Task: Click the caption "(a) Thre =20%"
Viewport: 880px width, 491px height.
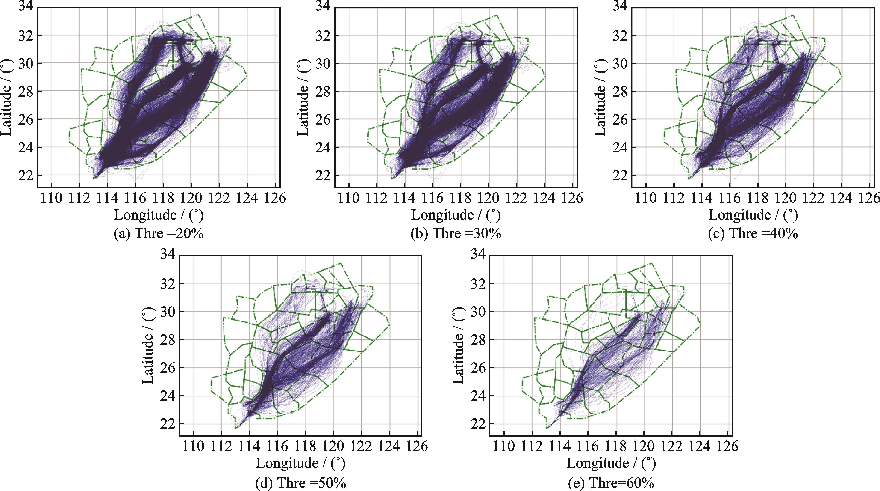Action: coord(159,234)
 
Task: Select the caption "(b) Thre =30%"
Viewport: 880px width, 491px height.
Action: coord(456,234)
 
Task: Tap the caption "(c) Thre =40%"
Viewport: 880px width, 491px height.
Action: coord(753,234)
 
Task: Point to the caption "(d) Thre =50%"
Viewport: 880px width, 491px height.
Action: coord(301,482)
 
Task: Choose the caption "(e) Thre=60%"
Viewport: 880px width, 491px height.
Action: coord(611,482)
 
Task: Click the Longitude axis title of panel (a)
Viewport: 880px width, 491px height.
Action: coord(159,215)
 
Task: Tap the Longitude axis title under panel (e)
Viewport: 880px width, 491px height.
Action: coord(611,463)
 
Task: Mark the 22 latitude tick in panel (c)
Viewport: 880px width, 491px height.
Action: coord(619,176)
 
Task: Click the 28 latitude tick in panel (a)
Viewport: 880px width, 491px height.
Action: coord(25,92)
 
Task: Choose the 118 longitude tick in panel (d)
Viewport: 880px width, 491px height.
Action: coord(305,446)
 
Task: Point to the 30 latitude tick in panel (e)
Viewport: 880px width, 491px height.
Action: coord(478,312)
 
